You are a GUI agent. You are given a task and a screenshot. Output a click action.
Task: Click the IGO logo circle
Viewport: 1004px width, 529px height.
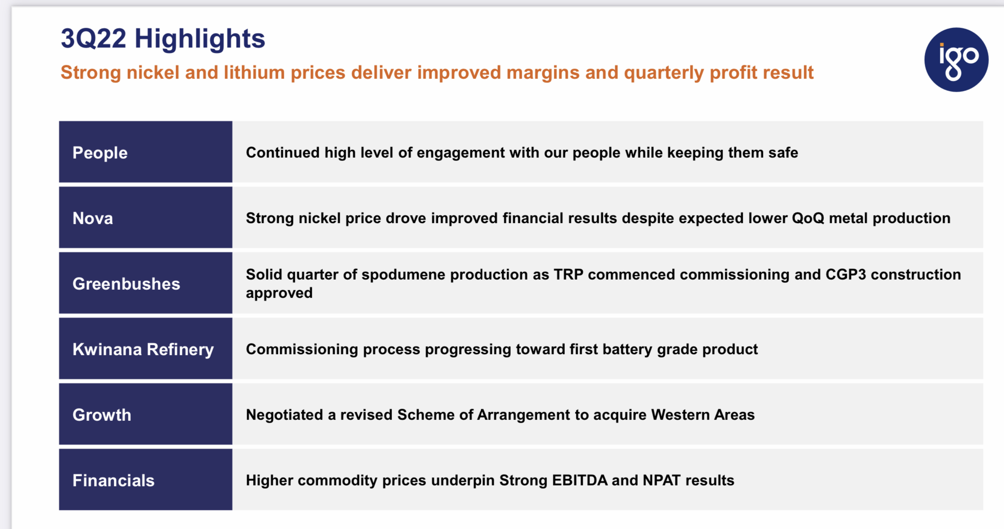point(956,60)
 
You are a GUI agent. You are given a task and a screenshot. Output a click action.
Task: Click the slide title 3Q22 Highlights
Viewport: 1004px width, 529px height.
point(163,39)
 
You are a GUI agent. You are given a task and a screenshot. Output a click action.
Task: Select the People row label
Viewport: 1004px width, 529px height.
point(100,153)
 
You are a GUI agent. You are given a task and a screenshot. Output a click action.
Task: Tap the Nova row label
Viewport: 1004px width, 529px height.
point(93,218)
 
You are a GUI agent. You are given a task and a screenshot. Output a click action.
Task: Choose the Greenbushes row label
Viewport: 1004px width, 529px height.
point(126,284)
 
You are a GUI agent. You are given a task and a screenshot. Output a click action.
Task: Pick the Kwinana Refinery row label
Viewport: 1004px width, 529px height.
point(143,349)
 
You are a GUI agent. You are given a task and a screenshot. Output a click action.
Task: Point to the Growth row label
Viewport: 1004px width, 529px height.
point(102,415)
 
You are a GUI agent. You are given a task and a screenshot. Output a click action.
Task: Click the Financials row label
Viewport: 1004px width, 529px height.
point(113,480)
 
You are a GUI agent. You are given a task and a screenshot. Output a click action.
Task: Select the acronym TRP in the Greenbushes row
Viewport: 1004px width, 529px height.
point(568,274)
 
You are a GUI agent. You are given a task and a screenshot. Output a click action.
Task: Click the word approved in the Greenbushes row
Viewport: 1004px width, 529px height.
point(279,293)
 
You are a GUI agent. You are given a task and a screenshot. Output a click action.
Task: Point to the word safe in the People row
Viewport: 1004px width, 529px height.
point(783,153)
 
